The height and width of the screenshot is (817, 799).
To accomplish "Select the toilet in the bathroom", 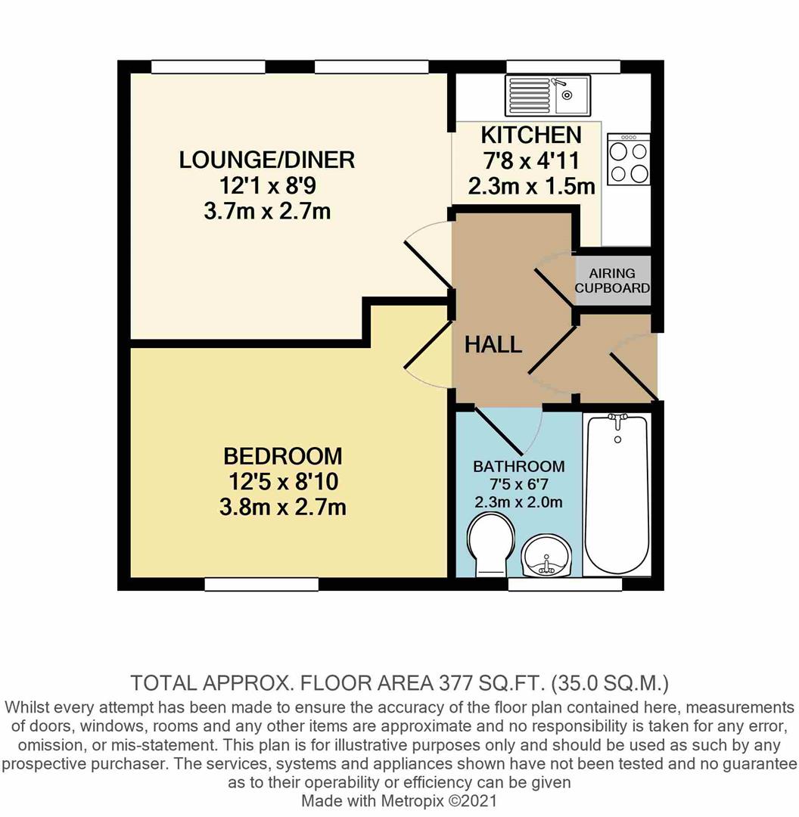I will pos(490,545).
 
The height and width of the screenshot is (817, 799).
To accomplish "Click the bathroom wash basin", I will pos(549,556).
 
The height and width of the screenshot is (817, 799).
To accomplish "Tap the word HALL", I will pos(493,345).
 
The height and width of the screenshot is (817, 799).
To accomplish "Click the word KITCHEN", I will pos(531,135).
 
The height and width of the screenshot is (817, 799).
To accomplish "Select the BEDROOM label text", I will pos(282,456).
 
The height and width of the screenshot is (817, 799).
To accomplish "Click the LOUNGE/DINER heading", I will pos(267,160).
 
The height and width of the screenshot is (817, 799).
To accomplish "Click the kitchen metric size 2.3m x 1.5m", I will pos(531,186).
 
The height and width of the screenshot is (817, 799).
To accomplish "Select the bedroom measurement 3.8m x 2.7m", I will pos(282,507).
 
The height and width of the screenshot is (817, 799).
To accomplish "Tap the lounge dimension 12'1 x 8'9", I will pos(267,185).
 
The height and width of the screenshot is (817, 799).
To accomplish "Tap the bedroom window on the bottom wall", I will pos(262,584).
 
